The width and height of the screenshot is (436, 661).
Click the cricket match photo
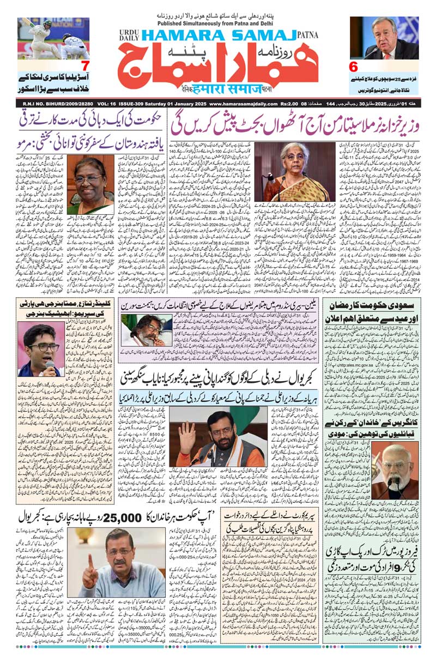tap(53, 38)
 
